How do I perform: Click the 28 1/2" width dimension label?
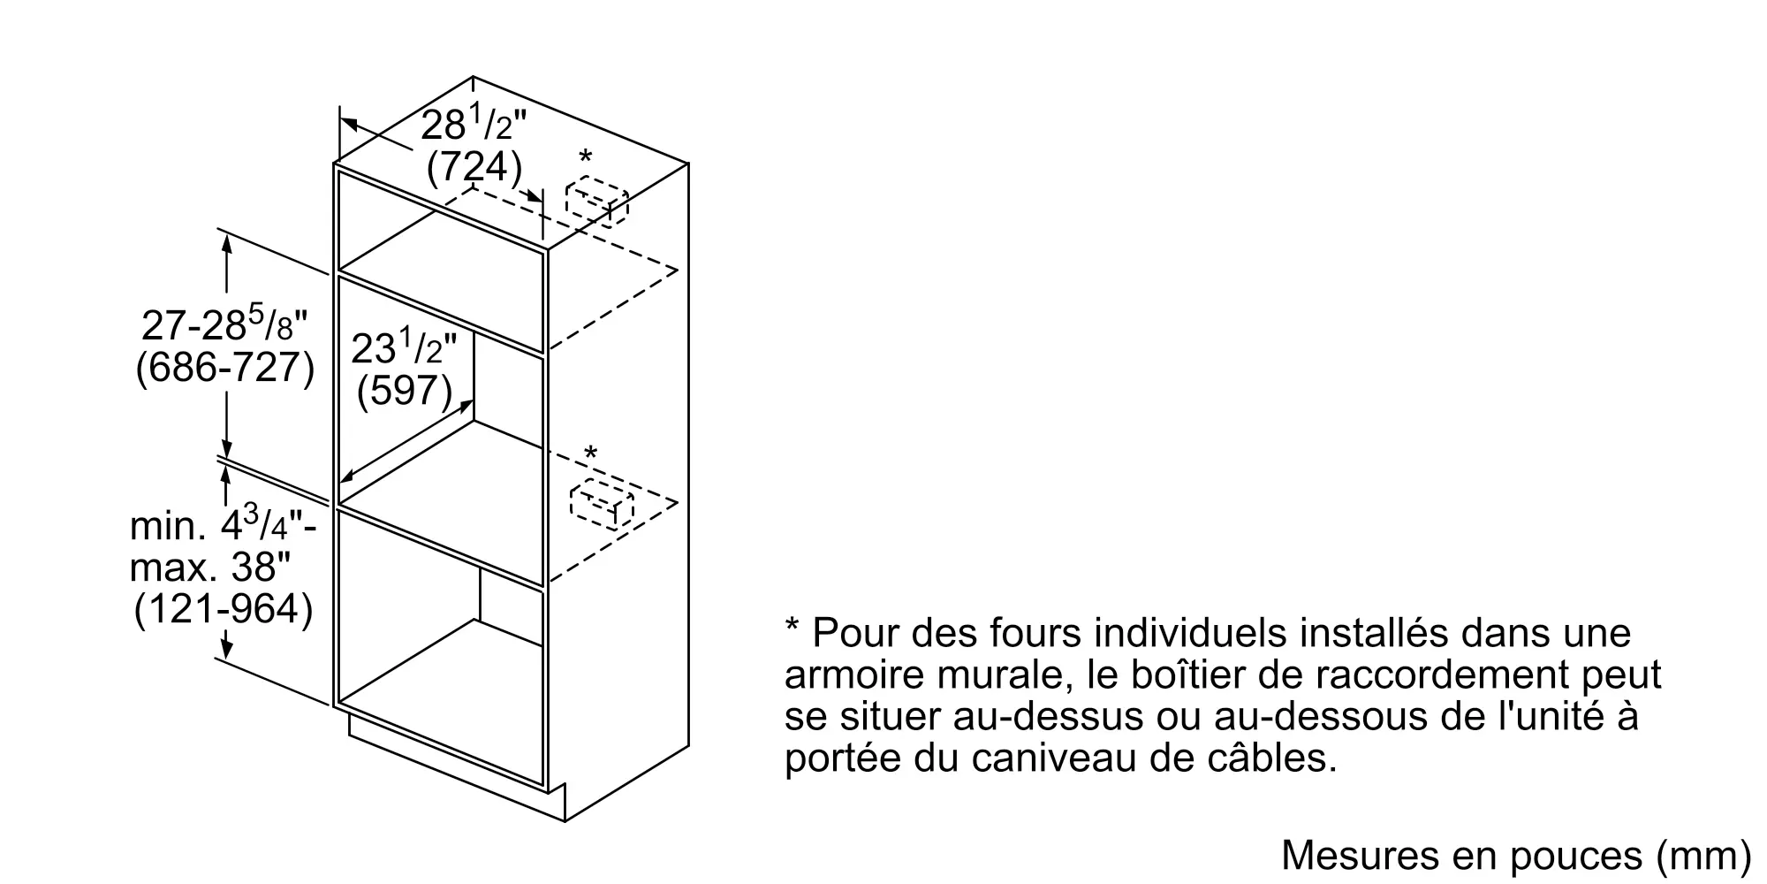pyautogui.click(x=473, y=125)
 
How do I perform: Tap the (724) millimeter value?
pyautogui.click(x=474, y=167)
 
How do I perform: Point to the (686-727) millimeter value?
pyautogui.click(x=224, y=367)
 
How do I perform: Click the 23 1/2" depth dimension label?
pyautogui.click(x=404, y=347)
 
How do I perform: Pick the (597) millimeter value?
pyautogui.click(x=405, y=390)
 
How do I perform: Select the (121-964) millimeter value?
pyautogui.click(x=224, y=610)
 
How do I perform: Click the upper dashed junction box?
pyautogui.click(x=596, y=202)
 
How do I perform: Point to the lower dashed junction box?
pyautogui.click(x=602, y=504)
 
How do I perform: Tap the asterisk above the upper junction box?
pyautogui.click(x=585, y=158)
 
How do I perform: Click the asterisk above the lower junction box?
pyautogui.click(x=590, y=453)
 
